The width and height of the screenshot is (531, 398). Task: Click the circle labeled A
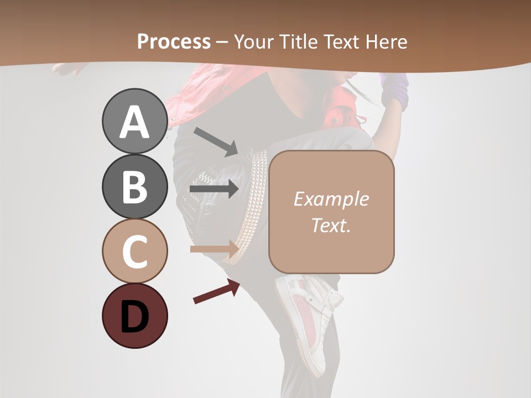pos(134,121)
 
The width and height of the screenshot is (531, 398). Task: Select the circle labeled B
pos(134,186)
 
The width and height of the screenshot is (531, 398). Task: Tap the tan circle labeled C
pos(134,251)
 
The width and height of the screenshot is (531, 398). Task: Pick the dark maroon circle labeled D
pos(134,316)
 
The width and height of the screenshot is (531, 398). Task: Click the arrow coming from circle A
pos(216,141)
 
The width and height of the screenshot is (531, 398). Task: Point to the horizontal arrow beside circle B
pos(214,189)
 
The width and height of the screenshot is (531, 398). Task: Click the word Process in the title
pos(174,41)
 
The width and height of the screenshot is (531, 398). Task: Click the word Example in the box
pos(331,199)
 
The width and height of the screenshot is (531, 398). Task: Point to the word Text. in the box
pos(331,225)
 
